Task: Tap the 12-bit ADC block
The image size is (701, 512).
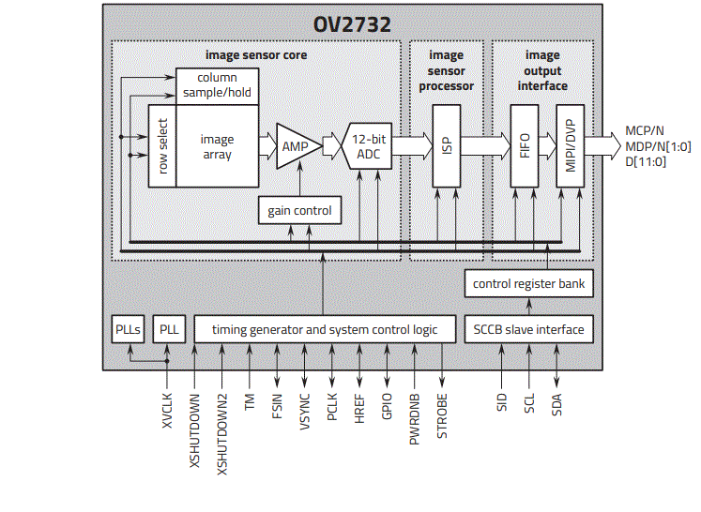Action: pos(368,145)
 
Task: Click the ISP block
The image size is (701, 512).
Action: pos(446,145)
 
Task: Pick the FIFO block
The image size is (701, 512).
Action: pos(525,145)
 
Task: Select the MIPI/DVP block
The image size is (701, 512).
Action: pos(569,145)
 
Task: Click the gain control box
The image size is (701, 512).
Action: pos(299,211)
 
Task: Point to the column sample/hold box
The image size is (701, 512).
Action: pos(217,86)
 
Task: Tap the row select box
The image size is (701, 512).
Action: pos(162,145)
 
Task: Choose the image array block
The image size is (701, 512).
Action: pos(217,145)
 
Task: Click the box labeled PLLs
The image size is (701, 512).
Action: pos(128,329)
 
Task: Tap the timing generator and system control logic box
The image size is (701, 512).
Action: pos(325,329)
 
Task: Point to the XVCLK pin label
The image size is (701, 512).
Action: pos(167,409)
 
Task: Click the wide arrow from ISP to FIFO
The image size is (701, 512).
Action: pos(484,145)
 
